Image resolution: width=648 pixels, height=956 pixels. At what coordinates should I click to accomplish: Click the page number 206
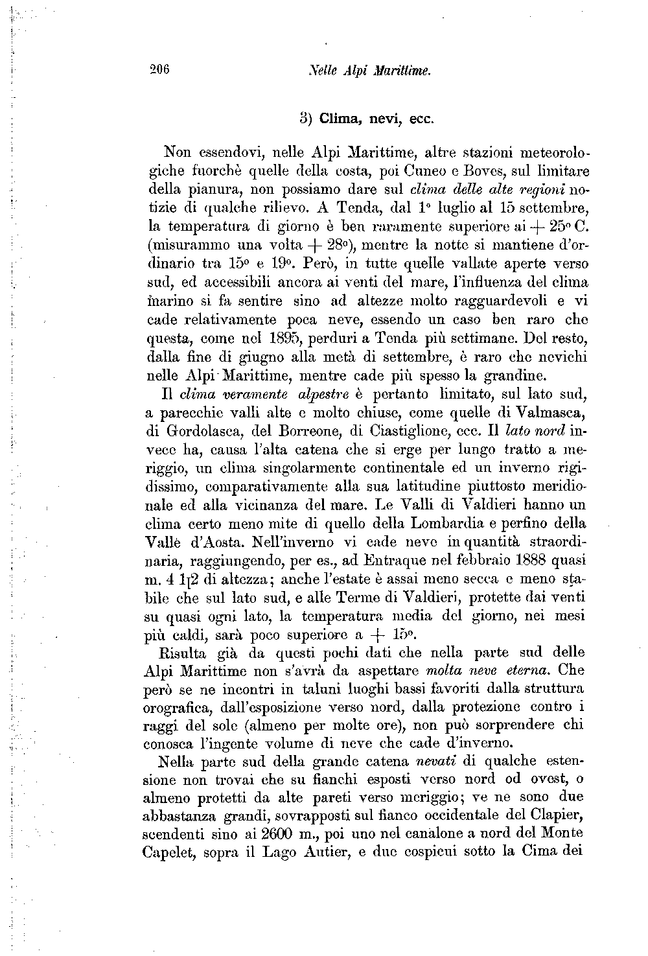159,71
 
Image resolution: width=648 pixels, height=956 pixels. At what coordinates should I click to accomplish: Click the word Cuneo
408,172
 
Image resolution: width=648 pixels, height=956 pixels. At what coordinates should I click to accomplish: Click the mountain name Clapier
557,814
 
